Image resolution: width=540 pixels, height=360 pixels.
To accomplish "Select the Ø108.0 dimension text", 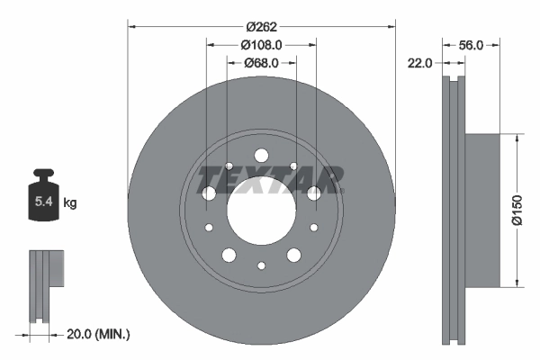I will coord(261,43).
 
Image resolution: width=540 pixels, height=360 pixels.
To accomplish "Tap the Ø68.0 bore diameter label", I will coord(261,63).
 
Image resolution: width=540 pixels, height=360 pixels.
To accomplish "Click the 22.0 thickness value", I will coord(421,63).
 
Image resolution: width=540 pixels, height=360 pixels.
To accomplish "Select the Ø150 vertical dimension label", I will coord(517,211).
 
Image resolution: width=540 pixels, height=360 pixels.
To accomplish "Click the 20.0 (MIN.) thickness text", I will coord(100,335).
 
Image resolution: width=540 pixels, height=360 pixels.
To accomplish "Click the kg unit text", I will coord(70,203).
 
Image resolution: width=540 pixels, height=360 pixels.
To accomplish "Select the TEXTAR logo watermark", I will coord(270,179).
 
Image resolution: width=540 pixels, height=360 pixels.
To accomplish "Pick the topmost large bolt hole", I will coord(261,155).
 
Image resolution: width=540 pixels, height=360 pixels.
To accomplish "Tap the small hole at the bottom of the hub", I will coord(261,265).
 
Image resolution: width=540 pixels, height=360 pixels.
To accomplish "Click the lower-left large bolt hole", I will coord(229,256).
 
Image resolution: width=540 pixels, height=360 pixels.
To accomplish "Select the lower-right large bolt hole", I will coord(293,256).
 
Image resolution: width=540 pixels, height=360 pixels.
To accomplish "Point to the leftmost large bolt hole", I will coord(209,193).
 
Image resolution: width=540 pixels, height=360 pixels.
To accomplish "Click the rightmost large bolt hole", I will coord(313,193).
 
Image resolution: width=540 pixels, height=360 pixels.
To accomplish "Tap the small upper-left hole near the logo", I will coord(229,166).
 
